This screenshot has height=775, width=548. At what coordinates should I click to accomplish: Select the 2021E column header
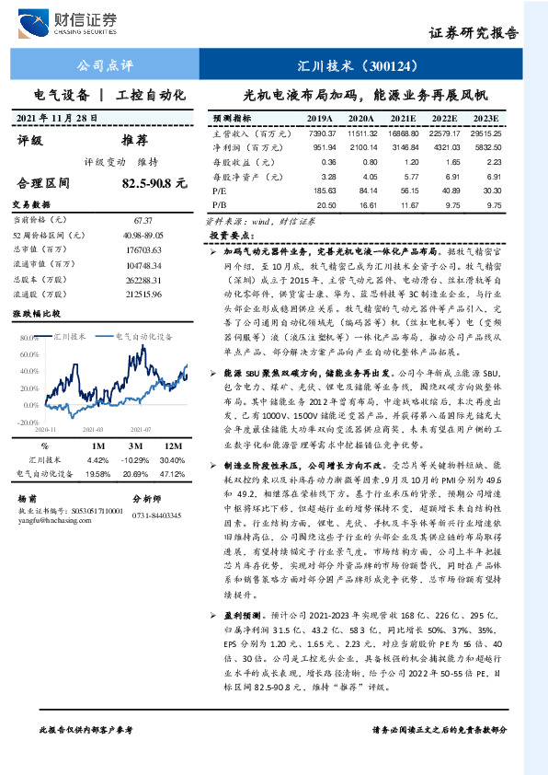pos(404,119)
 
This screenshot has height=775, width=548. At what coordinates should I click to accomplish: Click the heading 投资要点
pos(231,237)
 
